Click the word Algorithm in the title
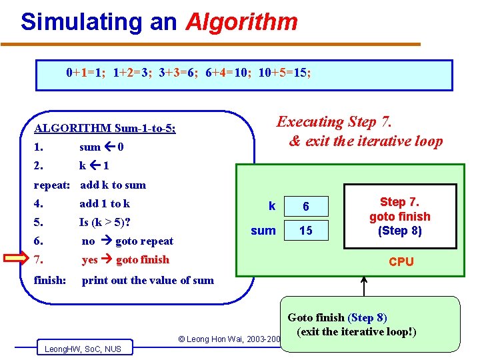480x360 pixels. tap(241, 23)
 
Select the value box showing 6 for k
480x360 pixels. tap(306, 207)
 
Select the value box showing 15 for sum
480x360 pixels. tap(306, 231)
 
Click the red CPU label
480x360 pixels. tap(401, 262)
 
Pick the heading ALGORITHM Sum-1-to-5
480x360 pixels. tap(105, 128)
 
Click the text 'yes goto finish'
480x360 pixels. tap(125, 259)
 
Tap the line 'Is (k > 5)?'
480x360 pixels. tap(105, 222)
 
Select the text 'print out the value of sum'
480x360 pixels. tap(147, 280)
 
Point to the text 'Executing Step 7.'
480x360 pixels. tap(335, 122)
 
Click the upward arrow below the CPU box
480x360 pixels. tap(364, 286)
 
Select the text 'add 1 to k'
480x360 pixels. tap(105, 203)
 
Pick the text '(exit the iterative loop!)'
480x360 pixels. tap(357, 331)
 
